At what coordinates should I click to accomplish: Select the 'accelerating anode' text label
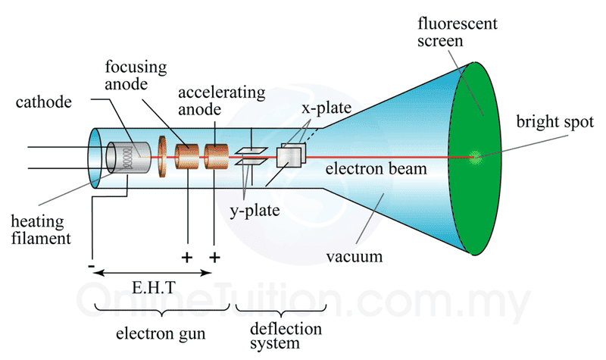[222, 102]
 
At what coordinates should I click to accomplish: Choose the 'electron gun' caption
[155, 334]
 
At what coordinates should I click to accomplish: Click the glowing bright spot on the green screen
[475, 158]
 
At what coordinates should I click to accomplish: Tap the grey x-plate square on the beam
[289, 156]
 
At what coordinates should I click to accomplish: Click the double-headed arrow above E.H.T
[152, 273]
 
